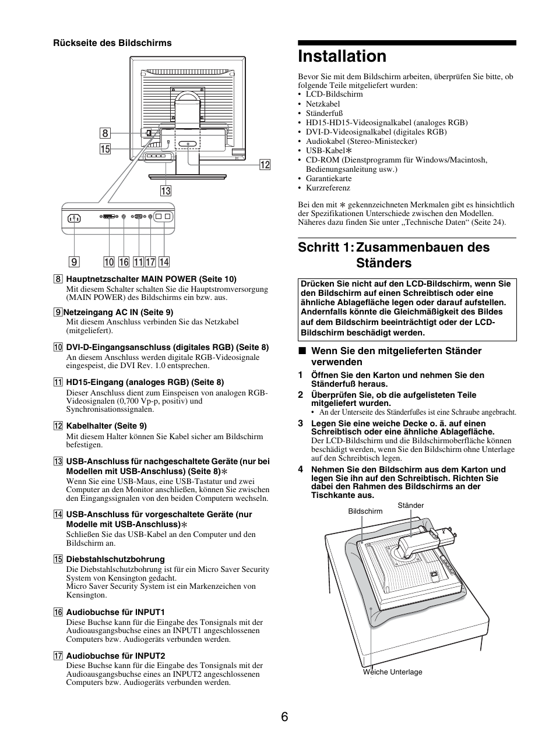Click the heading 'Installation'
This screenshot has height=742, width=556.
tap(342, 56)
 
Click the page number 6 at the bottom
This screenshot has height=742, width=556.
tap(284, 717)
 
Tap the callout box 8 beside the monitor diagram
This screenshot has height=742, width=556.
tap(105, 134)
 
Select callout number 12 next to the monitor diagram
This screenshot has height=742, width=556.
tap(265, 165)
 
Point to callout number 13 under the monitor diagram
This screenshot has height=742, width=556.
tap(166, 190)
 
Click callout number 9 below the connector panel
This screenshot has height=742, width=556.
tap(75, 262)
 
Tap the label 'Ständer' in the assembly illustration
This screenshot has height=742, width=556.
tap(410, 506)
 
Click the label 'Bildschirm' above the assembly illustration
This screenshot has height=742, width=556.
tap(365, 511)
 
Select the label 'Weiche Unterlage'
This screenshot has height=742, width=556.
tap(392, 672)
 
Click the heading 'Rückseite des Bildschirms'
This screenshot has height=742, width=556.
tap(112, 43)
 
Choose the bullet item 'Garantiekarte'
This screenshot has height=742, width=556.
tap(329, 179)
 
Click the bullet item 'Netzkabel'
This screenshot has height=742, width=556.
tap(323, 104)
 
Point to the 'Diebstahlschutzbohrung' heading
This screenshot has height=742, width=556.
tap(115, 559)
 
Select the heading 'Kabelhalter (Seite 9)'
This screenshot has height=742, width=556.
tap(107, 426)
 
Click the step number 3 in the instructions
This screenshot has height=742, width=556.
tap(301, 423)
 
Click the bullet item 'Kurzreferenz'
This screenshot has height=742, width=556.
tap(328, 188)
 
